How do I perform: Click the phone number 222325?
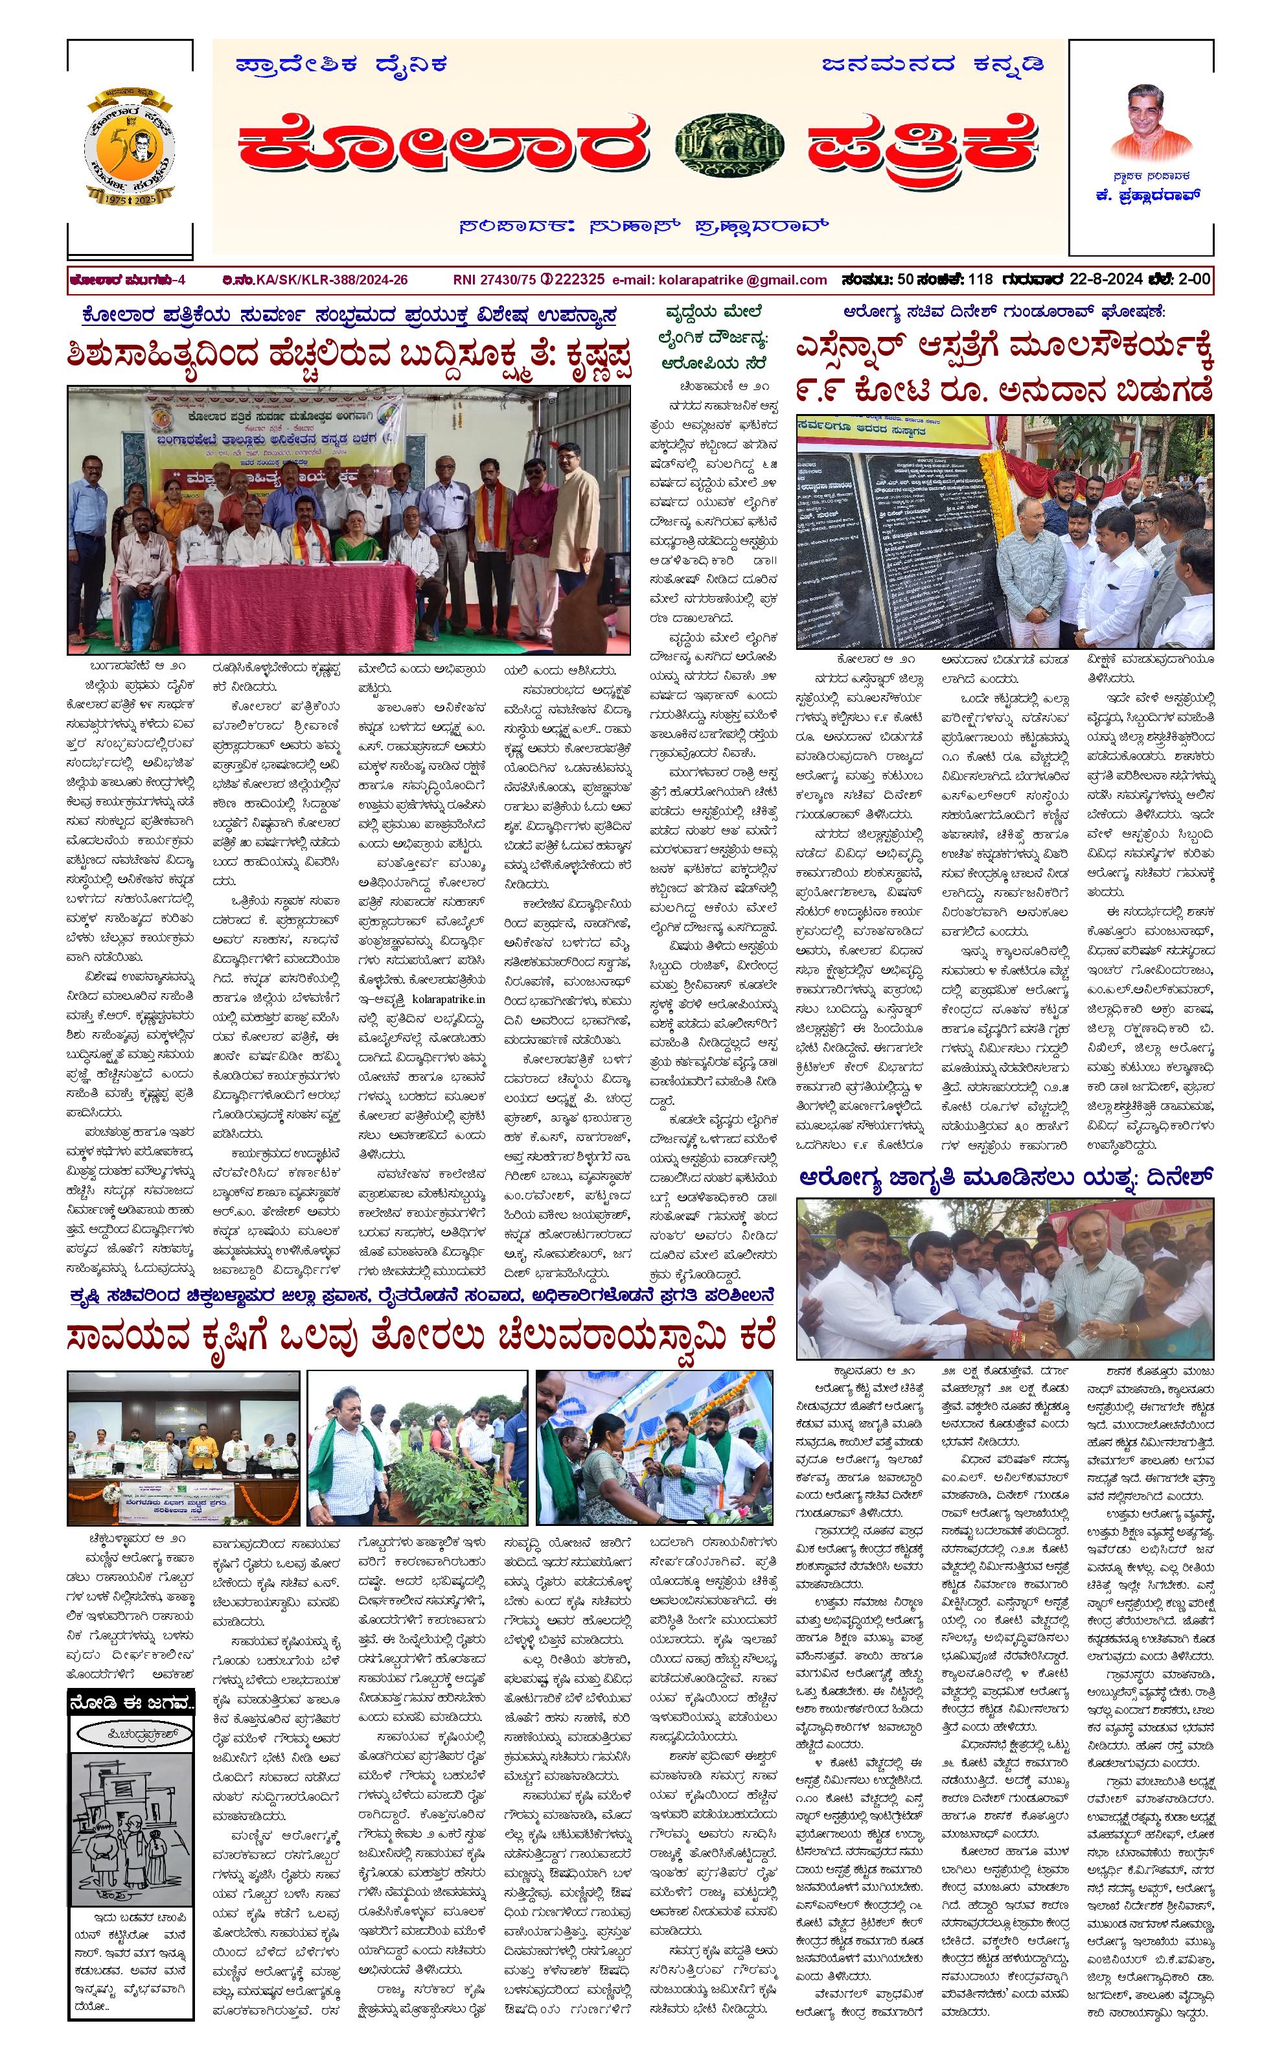pos(577,280)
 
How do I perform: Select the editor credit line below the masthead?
pos(644,227)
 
